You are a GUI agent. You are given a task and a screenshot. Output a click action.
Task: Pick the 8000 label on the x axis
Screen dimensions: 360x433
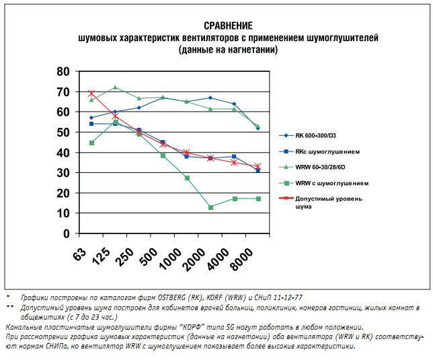tap(245, 258)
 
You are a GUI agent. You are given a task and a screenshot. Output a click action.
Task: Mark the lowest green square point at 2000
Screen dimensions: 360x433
tap(210, 207)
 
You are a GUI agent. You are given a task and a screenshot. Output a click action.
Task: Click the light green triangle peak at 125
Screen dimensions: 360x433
tap(115, 87)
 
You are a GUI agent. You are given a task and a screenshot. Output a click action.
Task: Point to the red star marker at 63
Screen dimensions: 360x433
tap(91, 93)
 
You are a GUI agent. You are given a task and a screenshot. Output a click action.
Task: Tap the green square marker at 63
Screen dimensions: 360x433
tap(91, 143)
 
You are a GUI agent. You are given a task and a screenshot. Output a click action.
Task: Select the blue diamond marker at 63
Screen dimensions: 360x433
tap(91, 118)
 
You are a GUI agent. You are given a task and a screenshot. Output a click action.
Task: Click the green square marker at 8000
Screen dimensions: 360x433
tap(258, 199)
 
